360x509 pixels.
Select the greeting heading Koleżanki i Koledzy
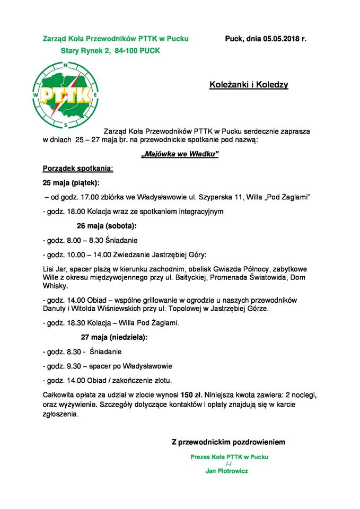click(x=249, y=84)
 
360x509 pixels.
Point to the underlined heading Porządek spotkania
click(x=77, y=169)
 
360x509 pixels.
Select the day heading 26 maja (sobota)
click(x=107, y=226)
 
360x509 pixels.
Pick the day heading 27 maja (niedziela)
click(x=114, y=337)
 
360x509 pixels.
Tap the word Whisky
click(x=55, y=286)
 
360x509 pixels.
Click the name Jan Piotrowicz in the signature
click(x=226, y=470)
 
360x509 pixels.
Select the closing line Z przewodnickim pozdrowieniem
click(x=229, y=441)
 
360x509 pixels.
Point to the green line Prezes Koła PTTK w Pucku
click(x=229, y=457)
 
